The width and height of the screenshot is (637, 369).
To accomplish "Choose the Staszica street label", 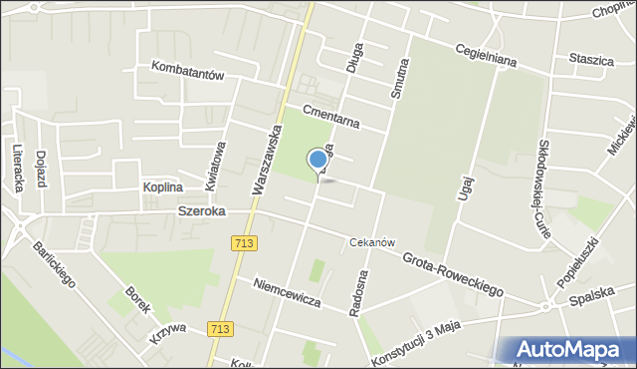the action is click(591, 60).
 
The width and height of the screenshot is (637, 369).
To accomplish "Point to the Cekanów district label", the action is click(373, 242).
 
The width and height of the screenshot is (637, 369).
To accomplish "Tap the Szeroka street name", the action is click(202, 211).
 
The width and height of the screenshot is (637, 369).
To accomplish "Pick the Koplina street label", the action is click(162, 186).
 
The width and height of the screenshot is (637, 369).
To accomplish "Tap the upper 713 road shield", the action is click(244, 242).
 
